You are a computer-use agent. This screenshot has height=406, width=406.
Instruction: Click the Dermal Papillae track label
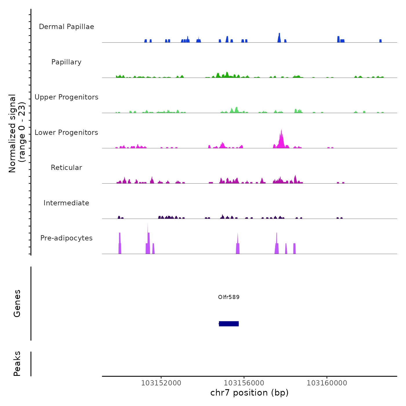point(66,27)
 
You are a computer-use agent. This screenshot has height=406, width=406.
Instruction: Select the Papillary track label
point(66,62)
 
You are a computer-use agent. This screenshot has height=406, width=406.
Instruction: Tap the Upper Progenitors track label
point(66,97)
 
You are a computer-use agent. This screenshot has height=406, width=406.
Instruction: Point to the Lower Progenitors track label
point(66,133)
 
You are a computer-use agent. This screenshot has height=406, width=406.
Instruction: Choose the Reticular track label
point(66,168)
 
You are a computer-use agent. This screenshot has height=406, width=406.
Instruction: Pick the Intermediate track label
point(66,203)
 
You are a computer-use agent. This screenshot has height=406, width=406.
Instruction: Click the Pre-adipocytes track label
point(66,238)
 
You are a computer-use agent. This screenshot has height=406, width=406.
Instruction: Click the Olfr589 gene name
point(229,297)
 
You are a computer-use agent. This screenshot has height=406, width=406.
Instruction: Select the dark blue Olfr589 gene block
point(229,324)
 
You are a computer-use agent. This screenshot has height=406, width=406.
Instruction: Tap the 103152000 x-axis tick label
point(161,383)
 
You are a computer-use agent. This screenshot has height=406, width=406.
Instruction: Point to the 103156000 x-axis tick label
point(244,383)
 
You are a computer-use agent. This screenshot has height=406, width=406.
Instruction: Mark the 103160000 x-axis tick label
point(327,383)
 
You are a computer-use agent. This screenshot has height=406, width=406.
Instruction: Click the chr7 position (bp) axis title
point(249,393)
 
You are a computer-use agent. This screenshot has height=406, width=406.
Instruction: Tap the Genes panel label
point(17,303)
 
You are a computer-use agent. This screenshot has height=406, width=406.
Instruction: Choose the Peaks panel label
point(17,364)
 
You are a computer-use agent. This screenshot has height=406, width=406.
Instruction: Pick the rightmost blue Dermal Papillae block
point(380,41)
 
